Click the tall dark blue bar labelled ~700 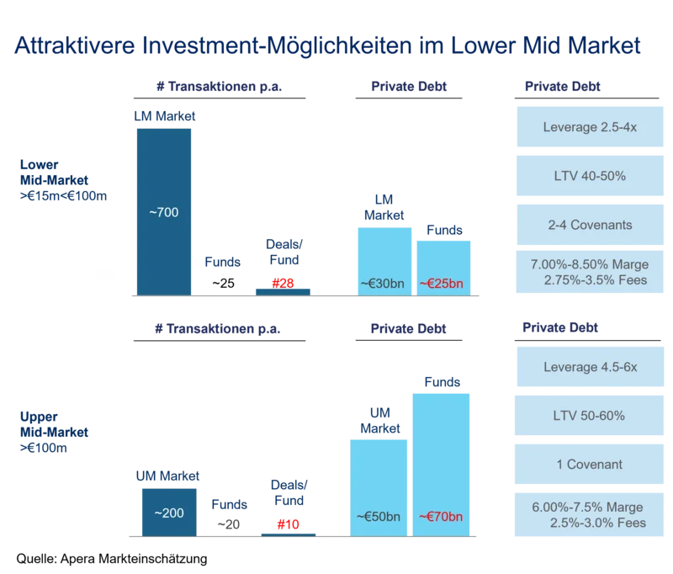click(165, 211)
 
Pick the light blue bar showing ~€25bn click(443, 265)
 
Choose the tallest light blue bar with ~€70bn click(441, 463)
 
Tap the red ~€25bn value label click(442, 284)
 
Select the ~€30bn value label click(383, 284)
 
